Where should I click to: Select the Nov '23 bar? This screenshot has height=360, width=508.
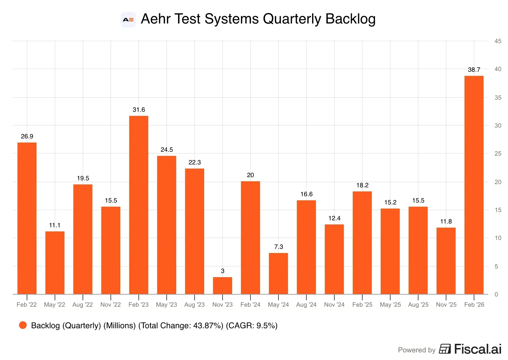(222, 285)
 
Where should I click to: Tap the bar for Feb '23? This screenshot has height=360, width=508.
(138, 205)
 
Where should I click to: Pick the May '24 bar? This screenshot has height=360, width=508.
(278, 273)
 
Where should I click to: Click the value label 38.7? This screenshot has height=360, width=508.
(474, 70)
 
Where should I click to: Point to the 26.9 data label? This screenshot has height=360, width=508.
(27, 136)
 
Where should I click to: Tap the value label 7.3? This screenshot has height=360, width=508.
(278, 247)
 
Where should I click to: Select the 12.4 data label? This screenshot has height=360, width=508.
(334, 218)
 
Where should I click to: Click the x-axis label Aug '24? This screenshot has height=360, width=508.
(306, 304)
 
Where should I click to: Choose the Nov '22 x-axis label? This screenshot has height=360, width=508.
(110, 304)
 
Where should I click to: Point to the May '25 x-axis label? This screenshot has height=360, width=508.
(390, 304)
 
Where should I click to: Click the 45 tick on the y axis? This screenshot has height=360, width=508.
(498, 41)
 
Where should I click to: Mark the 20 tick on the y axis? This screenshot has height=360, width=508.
(498, 182)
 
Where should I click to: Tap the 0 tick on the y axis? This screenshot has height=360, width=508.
(496, 294)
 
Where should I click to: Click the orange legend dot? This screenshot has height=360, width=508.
(23, 325)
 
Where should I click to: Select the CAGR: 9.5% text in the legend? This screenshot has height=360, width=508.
(252, 325)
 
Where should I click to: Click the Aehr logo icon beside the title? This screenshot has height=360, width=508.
(128, 20)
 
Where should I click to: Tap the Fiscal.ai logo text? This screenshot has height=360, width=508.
(478, 349)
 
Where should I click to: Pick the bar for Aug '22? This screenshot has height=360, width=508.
(83, 239)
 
